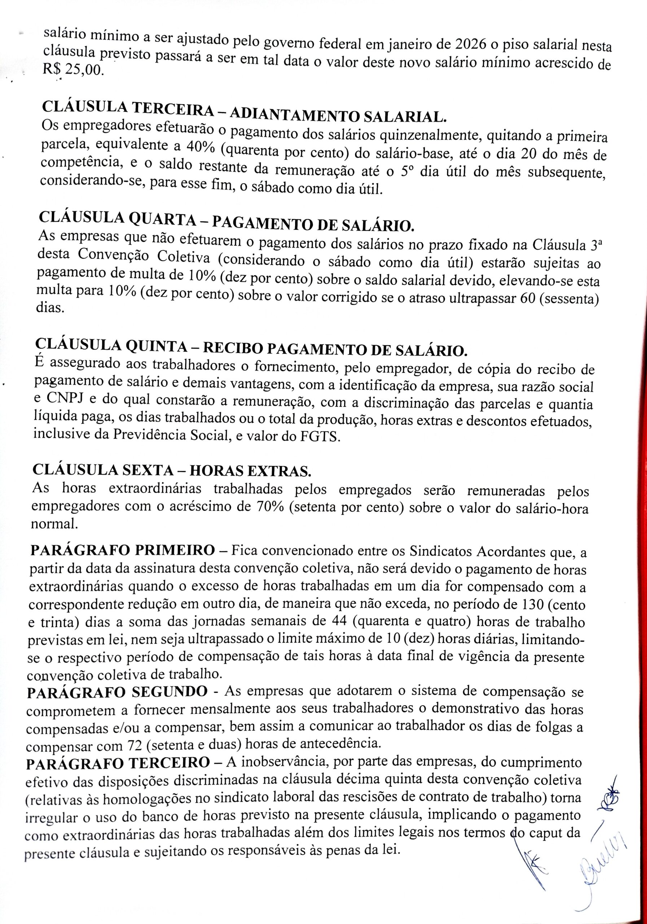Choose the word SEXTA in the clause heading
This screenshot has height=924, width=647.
(154, 470)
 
